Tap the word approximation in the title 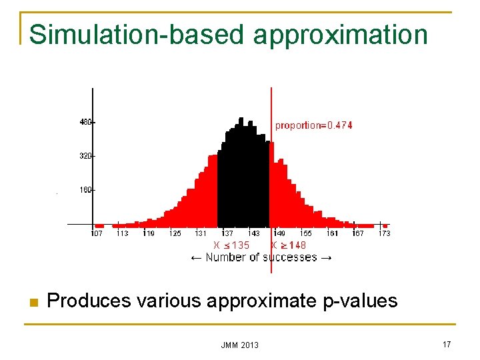(x=341, y=34)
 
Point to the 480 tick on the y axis (x=86, y=122)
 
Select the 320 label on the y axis (x=86, y=156)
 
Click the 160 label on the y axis (x=86, y=190)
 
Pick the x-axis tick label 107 (x=97, y=233)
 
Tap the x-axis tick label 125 (x=175, y=233)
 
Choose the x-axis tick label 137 (x=227, y=233)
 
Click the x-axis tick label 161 (x=332, y=233)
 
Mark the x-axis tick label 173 (x=384, y=233)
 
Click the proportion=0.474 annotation (x=314, y=125)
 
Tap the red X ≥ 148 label (x=289, y=245)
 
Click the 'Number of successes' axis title (x=261, y=257)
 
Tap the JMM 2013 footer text (x=240, y=345)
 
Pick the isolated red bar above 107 (x=99, y=225)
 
